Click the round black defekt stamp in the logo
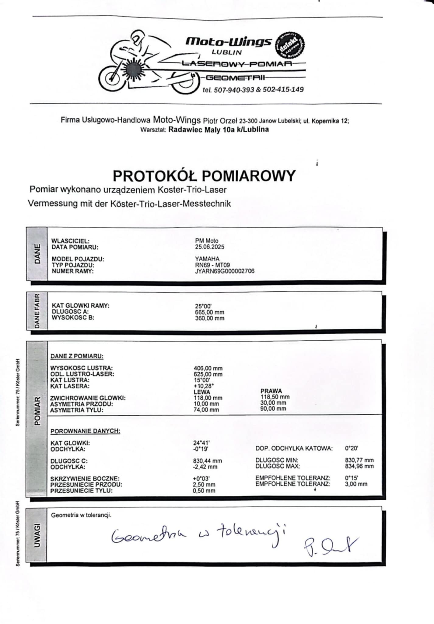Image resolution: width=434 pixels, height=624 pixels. [290, 44]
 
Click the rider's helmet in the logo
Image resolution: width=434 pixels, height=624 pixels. [138, 38]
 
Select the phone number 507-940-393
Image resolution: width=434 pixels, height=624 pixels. [234, 90]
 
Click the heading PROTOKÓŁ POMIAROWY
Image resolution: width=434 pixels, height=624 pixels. [204, 176]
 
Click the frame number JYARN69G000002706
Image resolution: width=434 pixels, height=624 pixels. [225, 271]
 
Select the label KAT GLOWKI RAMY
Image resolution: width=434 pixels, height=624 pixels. [80, 306]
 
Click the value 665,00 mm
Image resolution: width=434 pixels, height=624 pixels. [209, 312]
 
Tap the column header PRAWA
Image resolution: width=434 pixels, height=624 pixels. [271, 391]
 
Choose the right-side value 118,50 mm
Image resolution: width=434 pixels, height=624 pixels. [275, 397]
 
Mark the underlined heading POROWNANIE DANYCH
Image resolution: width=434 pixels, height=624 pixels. [85, 431]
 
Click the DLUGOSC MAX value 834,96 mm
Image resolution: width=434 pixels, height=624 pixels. [359, 466]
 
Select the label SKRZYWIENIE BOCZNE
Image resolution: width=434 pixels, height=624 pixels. [85, 479]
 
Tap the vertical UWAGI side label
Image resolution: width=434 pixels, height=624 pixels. [37, 535]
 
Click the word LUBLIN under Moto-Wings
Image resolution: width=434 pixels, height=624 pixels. [227, 52]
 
